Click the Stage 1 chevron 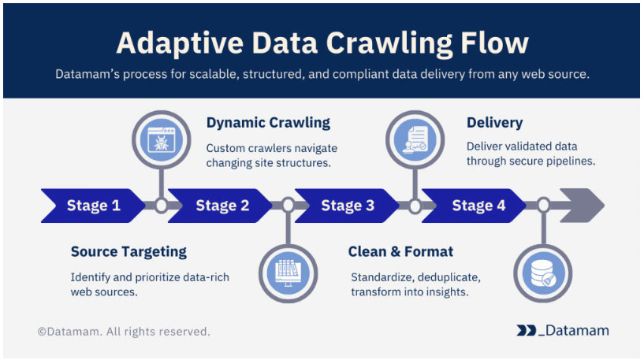(x=93, y=206)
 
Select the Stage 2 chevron (x=221, y=206)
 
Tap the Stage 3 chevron (x=348, y=206)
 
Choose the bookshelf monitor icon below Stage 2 (x=288, y=271)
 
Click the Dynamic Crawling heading (x=268, y=123)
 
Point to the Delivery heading (x=494, y=123)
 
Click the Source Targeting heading (x=128, y=252)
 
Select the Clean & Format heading (x=400, y=252)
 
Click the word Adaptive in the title (x=173, y=42)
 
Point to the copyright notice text (x=124, y=332)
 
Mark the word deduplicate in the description (x=447, y=278)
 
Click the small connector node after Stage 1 (x=161, y=206)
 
